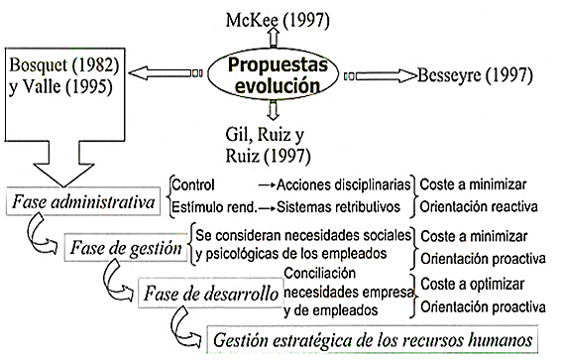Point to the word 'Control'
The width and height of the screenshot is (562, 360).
[194, 184]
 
